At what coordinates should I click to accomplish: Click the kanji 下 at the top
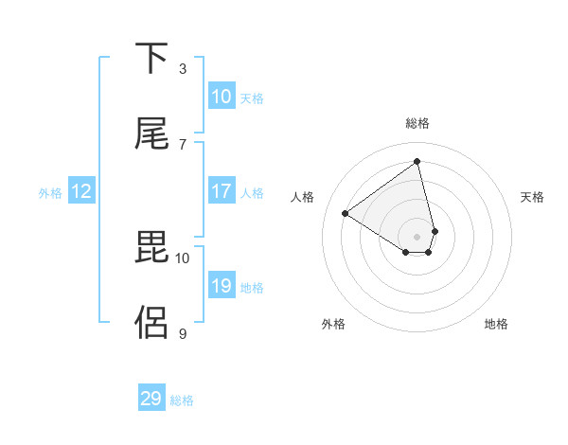(x=151, y=59)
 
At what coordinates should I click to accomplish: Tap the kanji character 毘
(x=151, y=248)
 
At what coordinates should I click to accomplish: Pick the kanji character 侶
(x=151, y=322)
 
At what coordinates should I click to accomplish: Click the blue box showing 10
(x=222, y=97)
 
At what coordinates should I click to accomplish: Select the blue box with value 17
(x=222, y=191)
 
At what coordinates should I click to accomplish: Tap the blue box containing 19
(x=222, y=286)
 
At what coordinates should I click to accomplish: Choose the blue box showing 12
(x=81, y=191)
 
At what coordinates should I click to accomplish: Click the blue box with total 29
(x=151, y=399)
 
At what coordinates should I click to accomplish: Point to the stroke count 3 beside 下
(x=183, y=68)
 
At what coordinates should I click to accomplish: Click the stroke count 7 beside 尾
(x=183, y=144)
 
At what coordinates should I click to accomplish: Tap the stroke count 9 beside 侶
(x=183, y=333)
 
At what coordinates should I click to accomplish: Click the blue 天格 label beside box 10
(x=252, y=98)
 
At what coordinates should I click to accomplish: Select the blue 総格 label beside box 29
(x=182, y=400)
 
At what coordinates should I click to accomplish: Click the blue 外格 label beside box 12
(x=50, y=193)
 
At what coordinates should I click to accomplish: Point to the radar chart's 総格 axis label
(x=417, y=123)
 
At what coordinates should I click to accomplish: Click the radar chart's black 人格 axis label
(x=303, y=197)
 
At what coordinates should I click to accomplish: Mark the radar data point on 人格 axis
(x=346, y=214)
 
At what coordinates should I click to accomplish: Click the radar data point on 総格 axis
(x=417, y=162)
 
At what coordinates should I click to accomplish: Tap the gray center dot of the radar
(x=417, y=236)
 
